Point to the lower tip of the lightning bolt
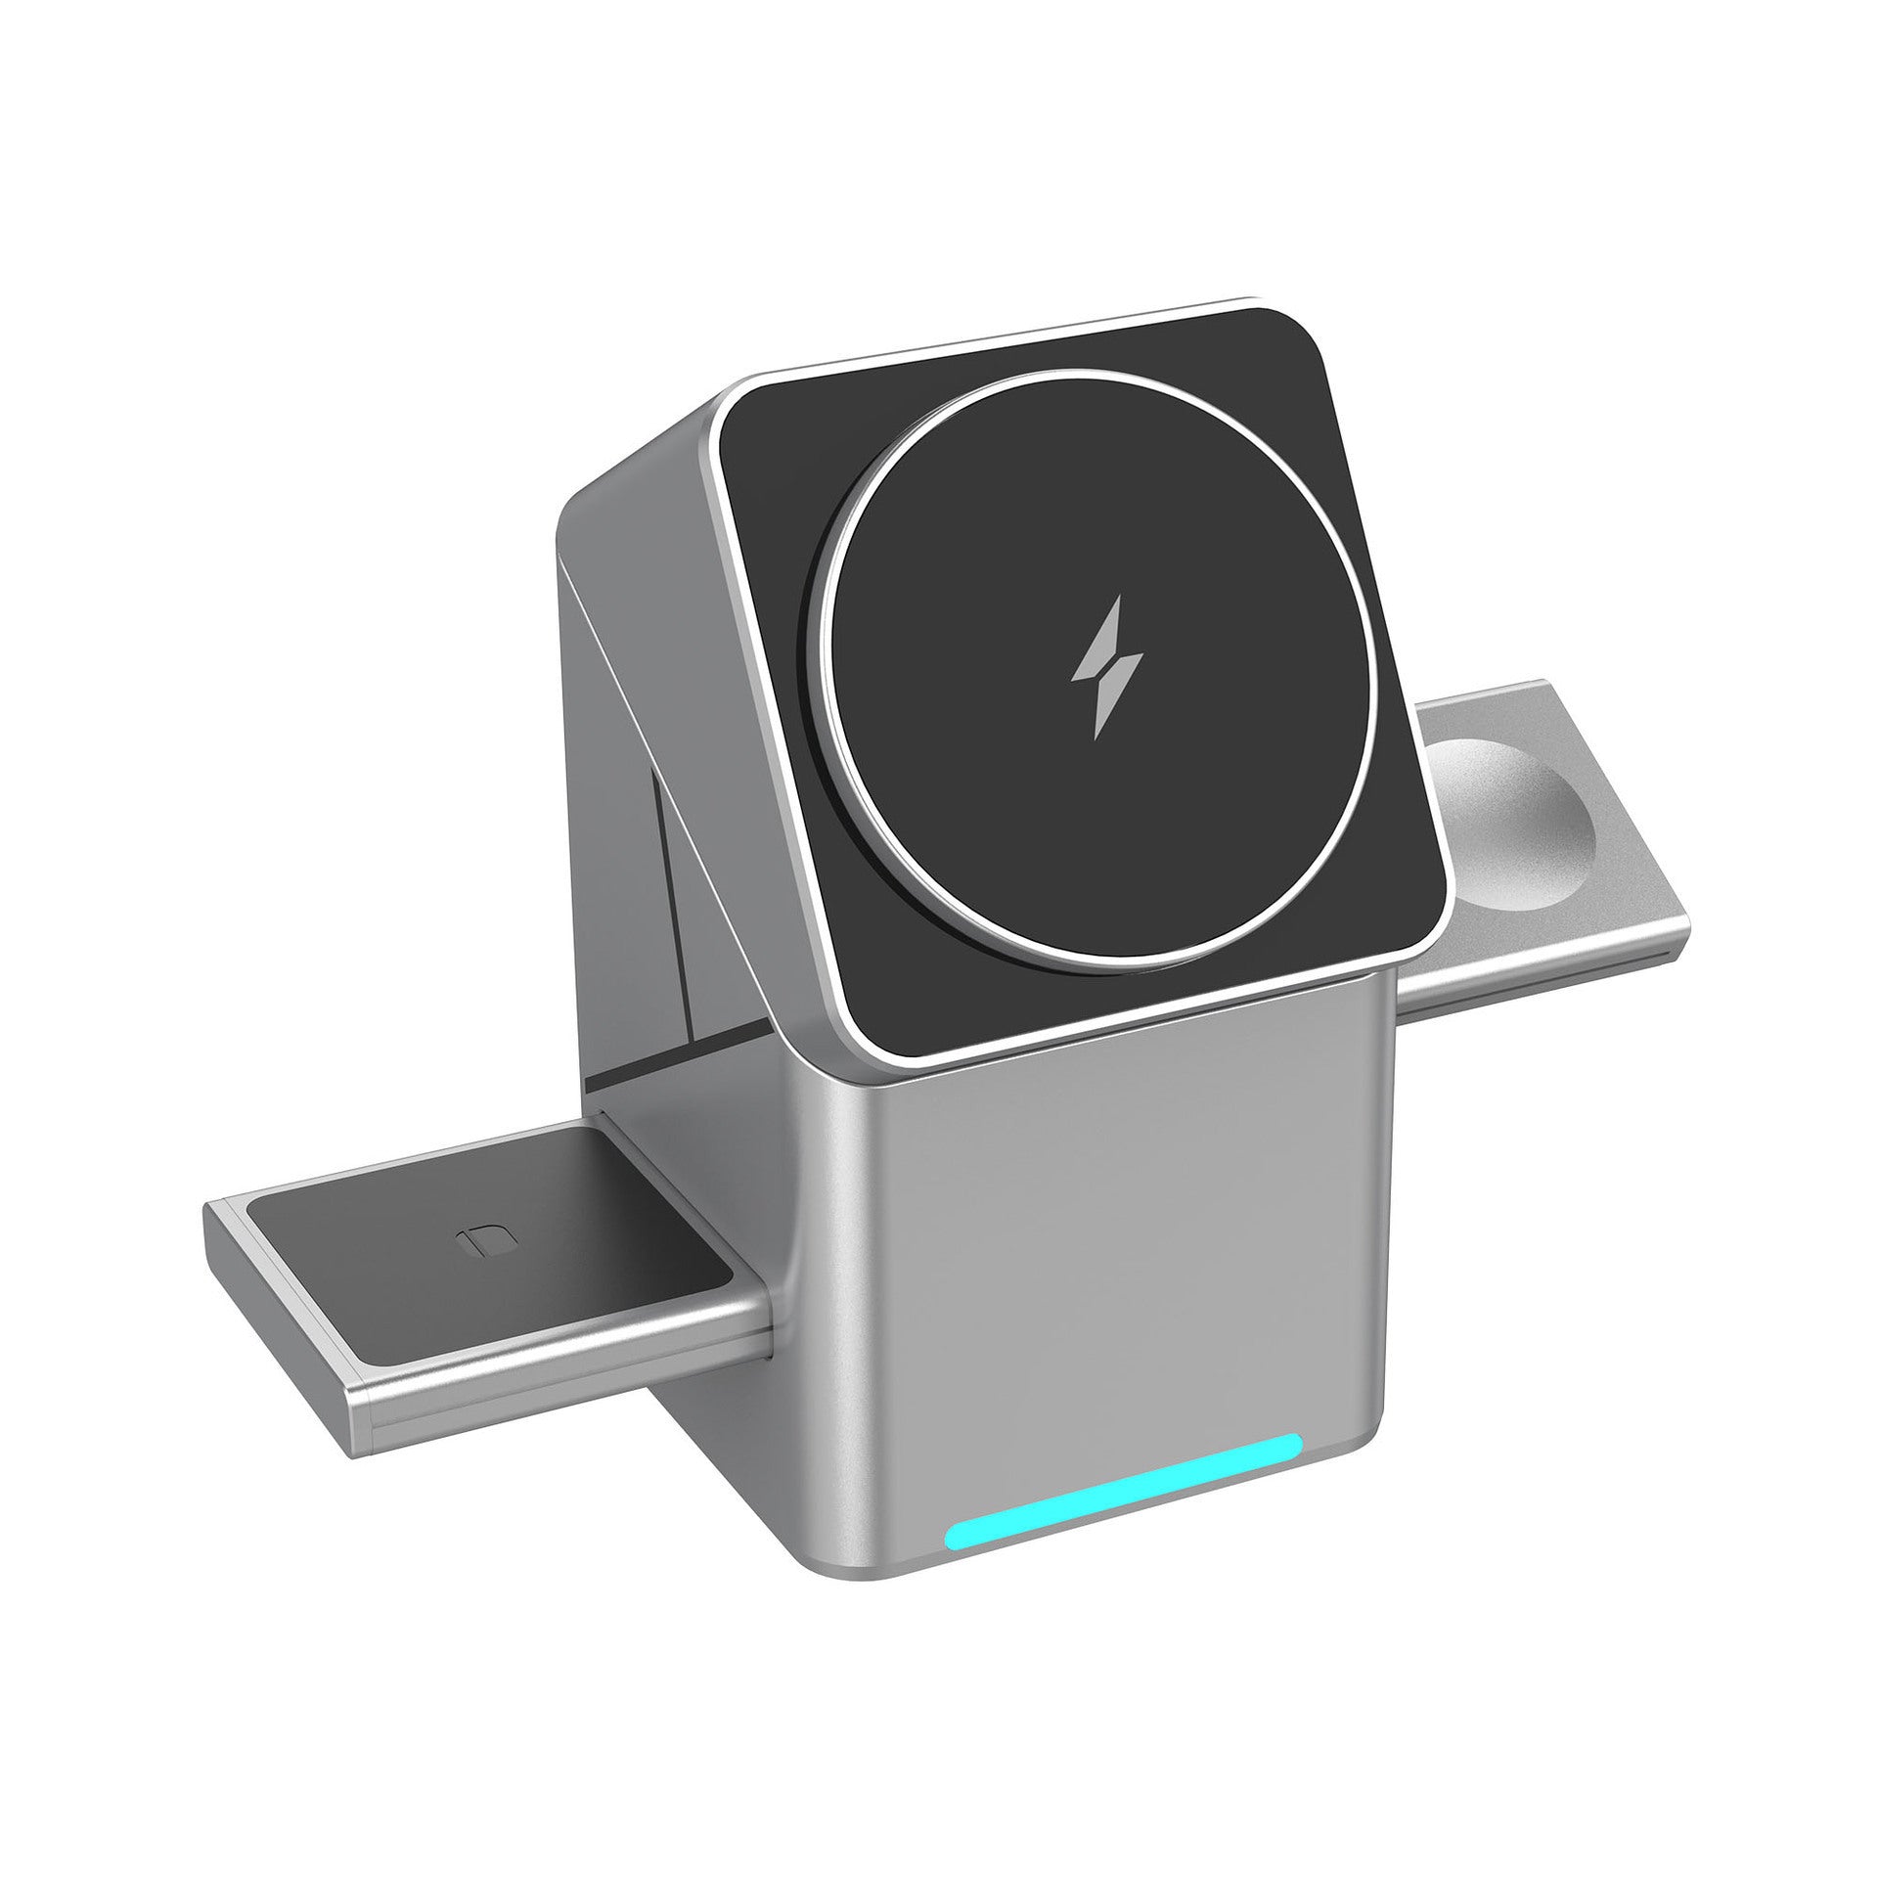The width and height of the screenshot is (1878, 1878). click(x=1097, y=736)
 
